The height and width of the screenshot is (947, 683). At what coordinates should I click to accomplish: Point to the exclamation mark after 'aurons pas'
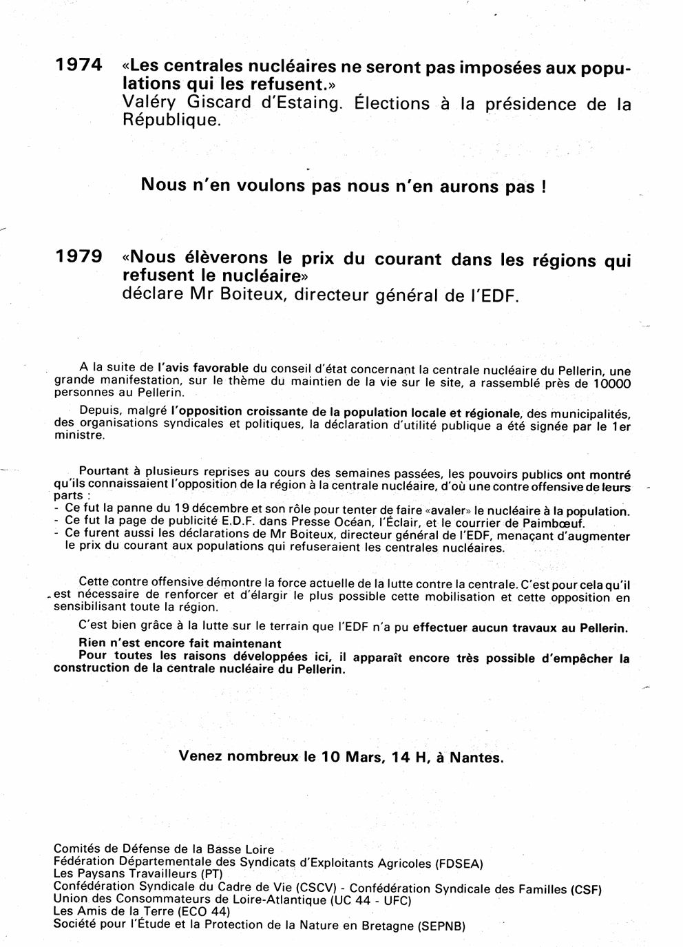[544, 187]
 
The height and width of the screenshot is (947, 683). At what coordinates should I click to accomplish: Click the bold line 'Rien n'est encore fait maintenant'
[170, 644]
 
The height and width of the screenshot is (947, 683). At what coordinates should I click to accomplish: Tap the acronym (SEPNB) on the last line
[441, 926]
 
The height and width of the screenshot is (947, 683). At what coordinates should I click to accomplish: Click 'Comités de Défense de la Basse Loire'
[164, 850]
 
